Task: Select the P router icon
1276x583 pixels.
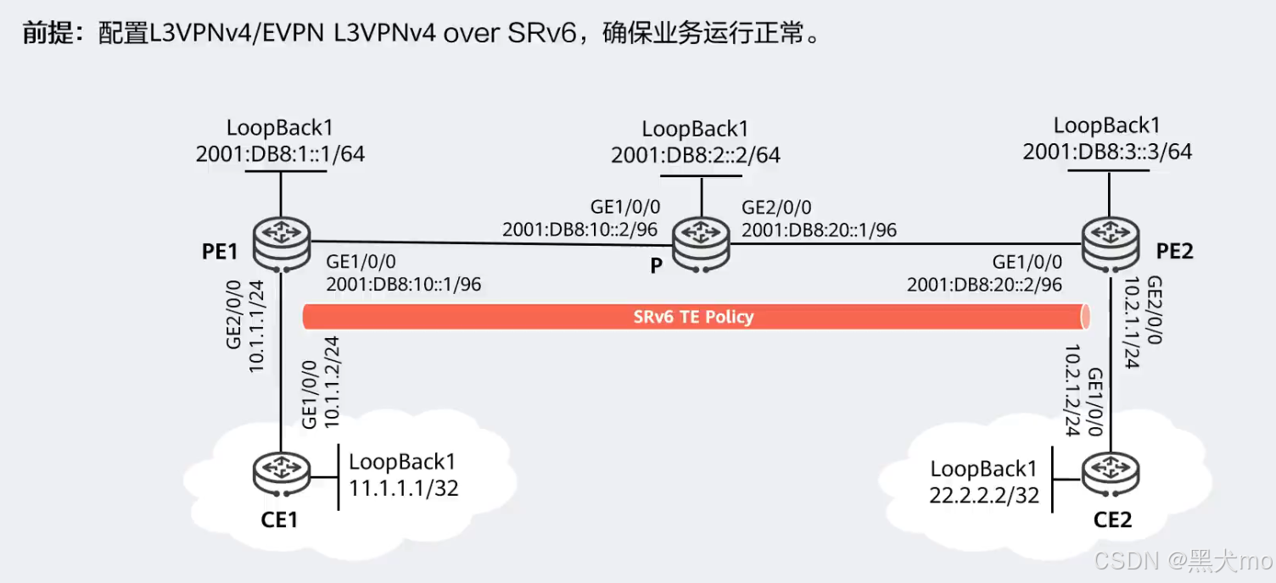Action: coord(701,243)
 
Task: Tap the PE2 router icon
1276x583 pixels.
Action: coord(1110,244)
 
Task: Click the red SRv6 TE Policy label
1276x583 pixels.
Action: coord(693,317)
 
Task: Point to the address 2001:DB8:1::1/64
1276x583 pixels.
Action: coord(280,153)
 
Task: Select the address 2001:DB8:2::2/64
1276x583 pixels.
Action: coord(696,155)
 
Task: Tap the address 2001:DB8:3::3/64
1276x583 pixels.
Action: coord(1107,152)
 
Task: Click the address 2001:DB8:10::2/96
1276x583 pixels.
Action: coord(580,230)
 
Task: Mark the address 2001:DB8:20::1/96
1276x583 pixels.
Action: coord(819,230)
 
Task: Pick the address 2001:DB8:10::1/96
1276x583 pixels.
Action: coord(403,284)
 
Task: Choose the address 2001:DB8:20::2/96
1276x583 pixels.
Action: coord(984,285)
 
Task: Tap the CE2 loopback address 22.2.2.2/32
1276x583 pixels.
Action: coord(984,495)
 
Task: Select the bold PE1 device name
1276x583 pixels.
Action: coord(219,253)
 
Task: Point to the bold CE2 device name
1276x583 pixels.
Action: coord(1111,519)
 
